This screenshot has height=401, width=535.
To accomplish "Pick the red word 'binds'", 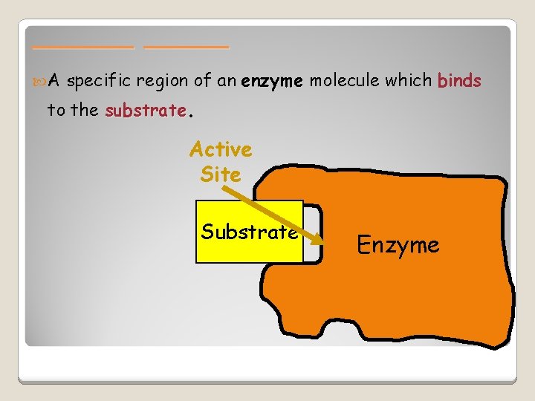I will (x=460, y=81).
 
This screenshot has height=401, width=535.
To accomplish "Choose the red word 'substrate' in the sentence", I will (x=146, y=111).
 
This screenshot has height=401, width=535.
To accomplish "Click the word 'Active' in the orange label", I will (x=221, y=149).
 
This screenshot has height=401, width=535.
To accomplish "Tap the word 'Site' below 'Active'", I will (x=221, y=175).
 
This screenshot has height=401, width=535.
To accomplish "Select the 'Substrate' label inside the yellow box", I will (x=249, y=232).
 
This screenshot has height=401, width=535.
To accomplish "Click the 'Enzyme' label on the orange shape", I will (x=398, y=245).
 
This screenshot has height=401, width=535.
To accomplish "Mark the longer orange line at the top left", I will (x=83, y=47).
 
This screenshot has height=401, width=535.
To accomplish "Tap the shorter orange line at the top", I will (x=187, y=47).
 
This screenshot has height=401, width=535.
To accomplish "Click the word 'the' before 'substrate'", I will (x=85, y=111).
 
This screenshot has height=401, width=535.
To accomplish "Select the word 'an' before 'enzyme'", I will (x=230, y=81).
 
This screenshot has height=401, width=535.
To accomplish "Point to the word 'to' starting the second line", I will (x=56, y=111).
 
